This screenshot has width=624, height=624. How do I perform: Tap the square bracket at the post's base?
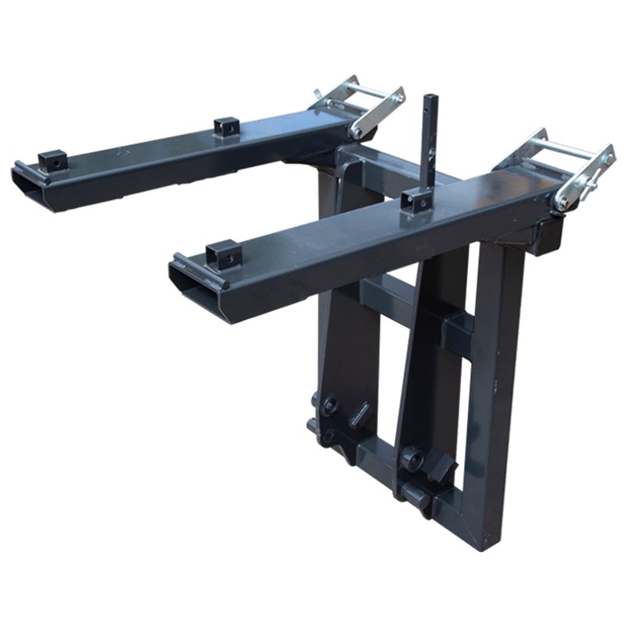click(x=417, y=200)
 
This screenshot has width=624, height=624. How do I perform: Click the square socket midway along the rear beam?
click(x=226, y=126)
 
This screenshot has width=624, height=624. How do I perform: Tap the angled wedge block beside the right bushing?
click(x=441, y=466)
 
